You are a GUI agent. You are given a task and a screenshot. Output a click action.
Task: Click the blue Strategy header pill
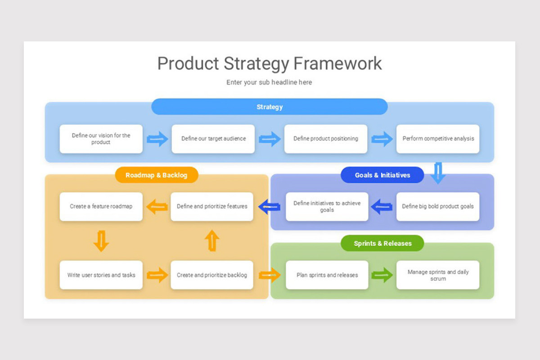pyautogui.click(x=269, y=107)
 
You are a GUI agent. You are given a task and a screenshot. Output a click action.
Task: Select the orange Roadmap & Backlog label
pyautogui.click(x=156, y=175)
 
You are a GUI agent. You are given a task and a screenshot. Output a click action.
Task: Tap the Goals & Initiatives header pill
pyautogui.click(x=382, y=175)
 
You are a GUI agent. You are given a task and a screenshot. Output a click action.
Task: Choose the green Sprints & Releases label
pyautogui.click(x=382, y=243)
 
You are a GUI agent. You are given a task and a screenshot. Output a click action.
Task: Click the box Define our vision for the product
pyautogui.click(x=101, y=139)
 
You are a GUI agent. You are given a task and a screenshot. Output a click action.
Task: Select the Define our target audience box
pyautogui.click(x=213, y=139)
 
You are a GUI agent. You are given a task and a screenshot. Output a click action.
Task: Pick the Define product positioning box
pyautogui.click(x=325, y=139)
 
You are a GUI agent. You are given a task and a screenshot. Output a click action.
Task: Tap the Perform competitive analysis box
pyautogui.click(x=437, y=139)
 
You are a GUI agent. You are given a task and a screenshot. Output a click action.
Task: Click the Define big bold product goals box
pyautogui.click(x=437, y=207)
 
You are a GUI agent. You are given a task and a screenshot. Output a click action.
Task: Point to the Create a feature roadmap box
pyautogui.click(x=101, y=207)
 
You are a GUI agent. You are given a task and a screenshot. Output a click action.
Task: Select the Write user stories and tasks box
pyautogui.click(x=101, y=275)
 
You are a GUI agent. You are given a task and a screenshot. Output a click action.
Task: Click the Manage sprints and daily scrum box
pyautogui.click(x=437, y=275)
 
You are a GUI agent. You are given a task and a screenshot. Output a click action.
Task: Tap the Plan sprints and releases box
pyautogui.click(x=327, y=275)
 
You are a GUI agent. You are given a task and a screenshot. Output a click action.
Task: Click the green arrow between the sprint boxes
pyautogui.click(x=382, y=274)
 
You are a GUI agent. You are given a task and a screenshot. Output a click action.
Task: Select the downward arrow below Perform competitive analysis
pyautogui.click(x=438, y=173)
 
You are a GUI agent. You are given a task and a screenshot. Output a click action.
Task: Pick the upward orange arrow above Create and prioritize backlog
pyautogui.click(x=212, y=241)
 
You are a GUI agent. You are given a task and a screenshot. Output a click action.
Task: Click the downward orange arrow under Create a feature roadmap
pyautogui.click(x=101, y=241)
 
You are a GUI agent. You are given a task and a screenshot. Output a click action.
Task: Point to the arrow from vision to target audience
pyautogui.click(x=157, y=139)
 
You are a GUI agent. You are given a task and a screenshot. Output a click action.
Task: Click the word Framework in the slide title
pyautogui.click(x=337, y=63)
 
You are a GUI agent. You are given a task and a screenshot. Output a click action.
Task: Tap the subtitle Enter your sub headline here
pyautogui.click(x=269, y=82)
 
